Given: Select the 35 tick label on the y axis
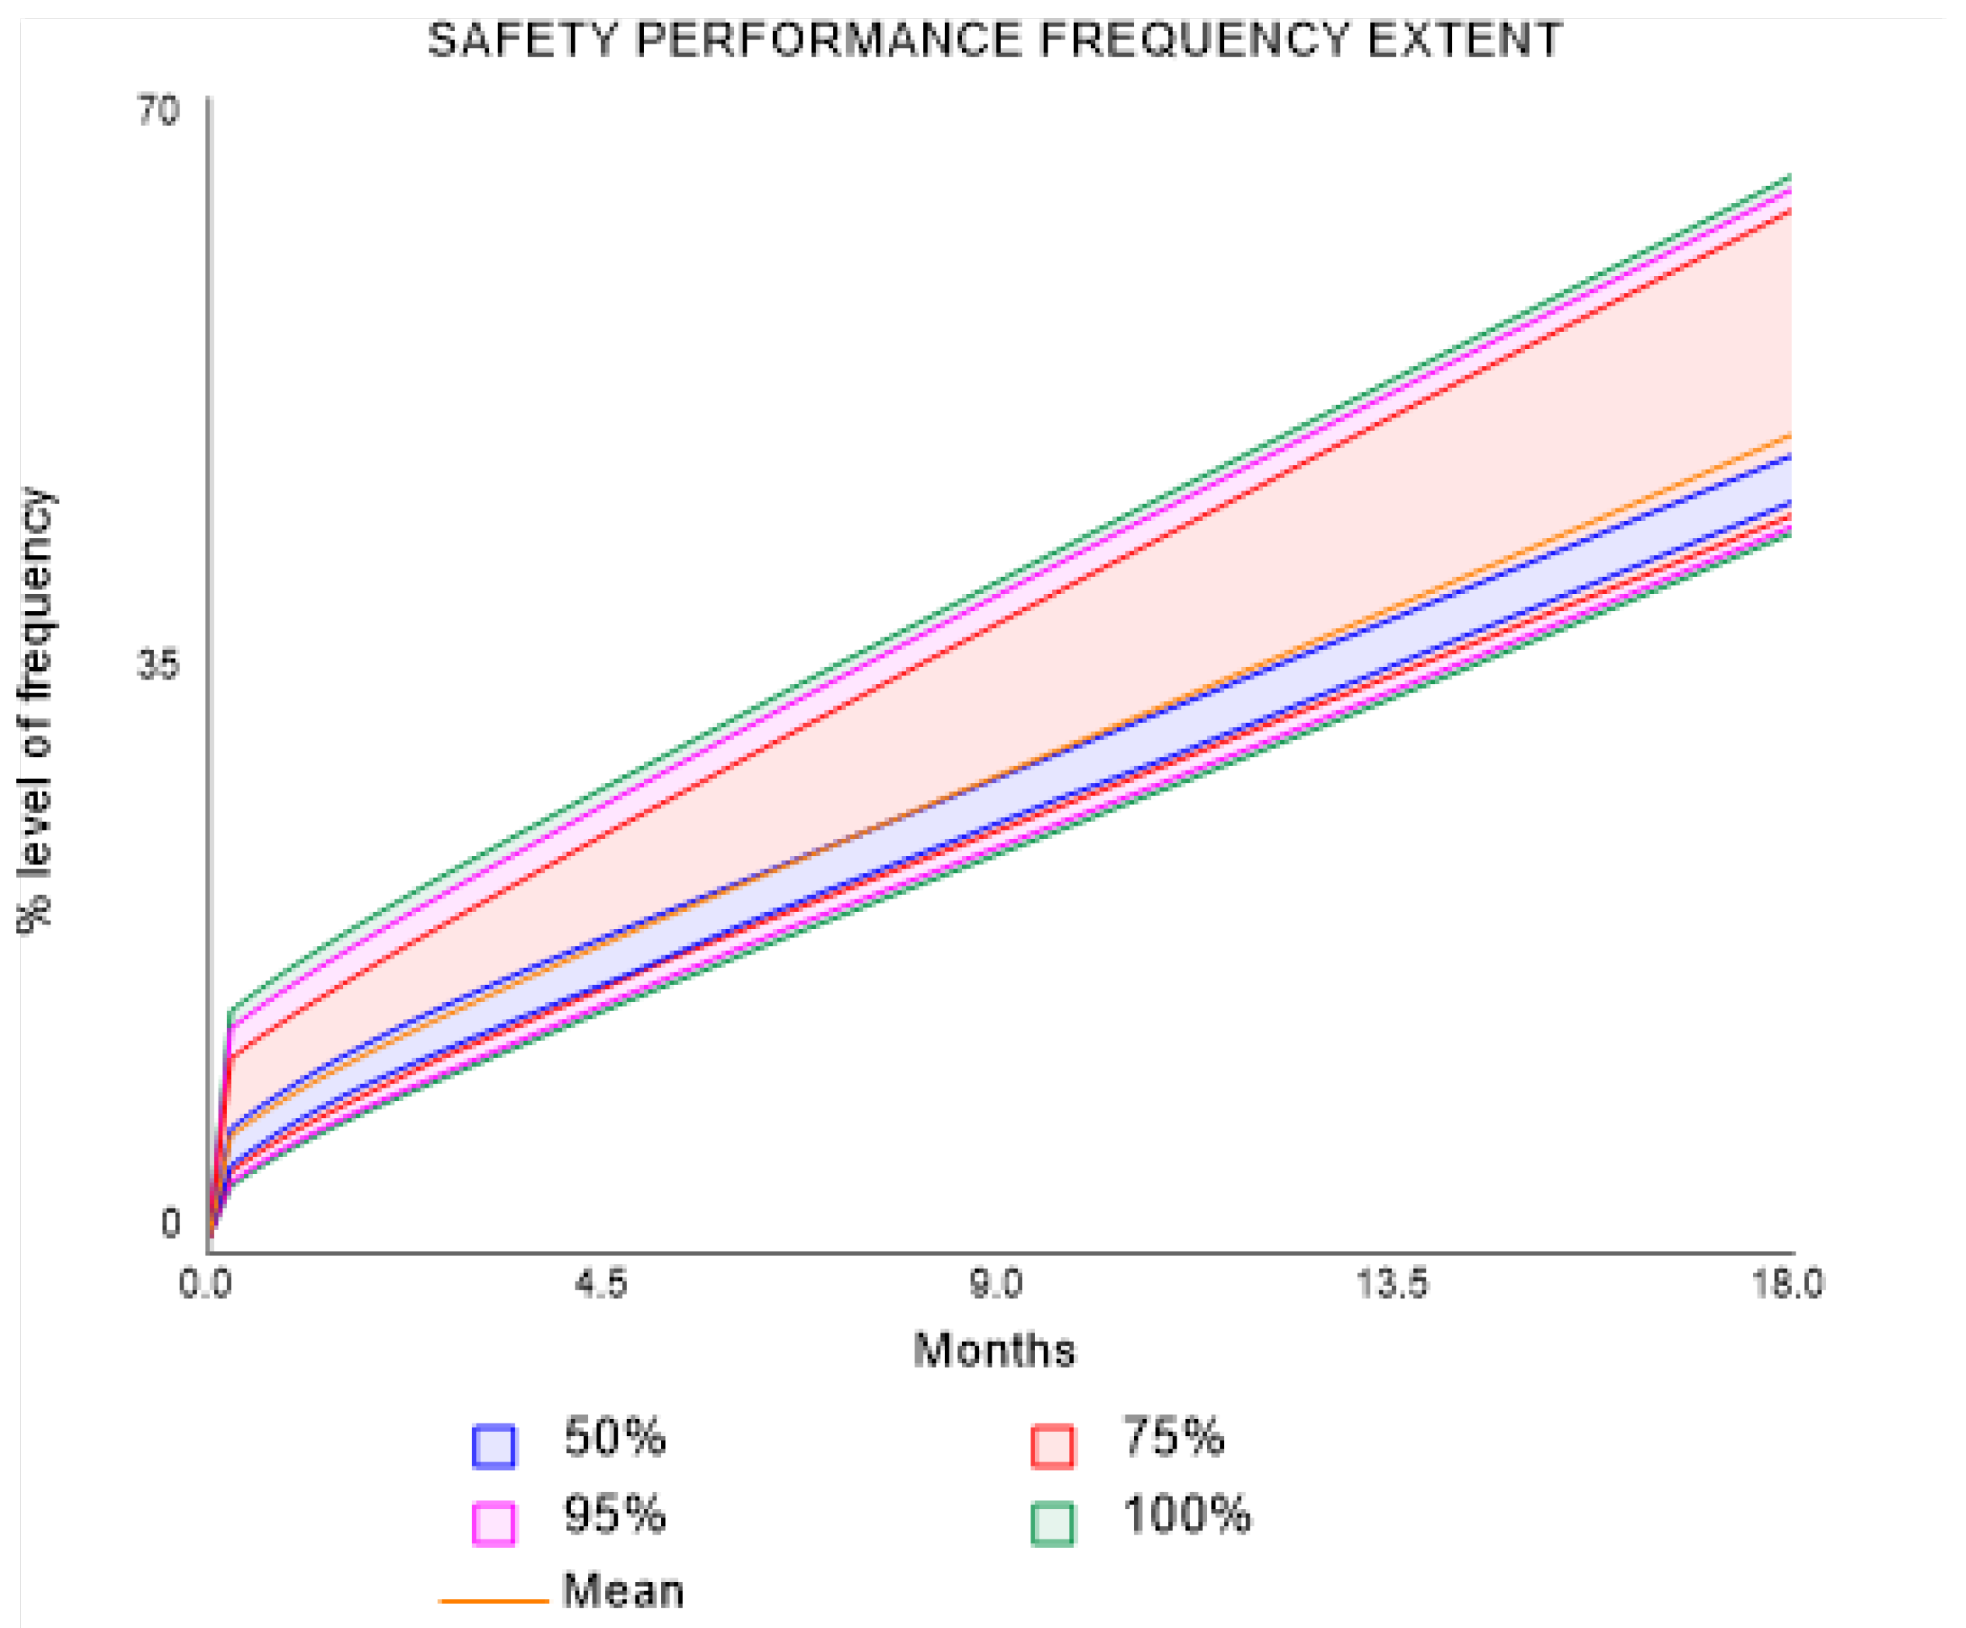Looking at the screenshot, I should pyautogui.click(x=157, y=666).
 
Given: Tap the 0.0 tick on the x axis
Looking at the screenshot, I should pyautogui.click(x=205, y=1284).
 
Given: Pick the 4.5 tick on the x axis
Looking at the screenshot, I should pyautogui.click(x=601, y=1284).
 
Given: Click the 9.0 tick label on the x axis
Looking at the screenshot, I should pyautogui.click(x=995, y=1284).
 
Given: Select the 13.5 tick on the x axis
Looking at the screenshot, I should pyautogui.click(x=1392, y=1284).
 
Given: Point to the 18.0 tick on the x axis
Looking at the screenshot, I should pyautogui.click(x=1787, y=1284).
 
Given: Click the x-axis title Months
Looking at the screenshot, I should pyautogui.click(x=994, y=1350).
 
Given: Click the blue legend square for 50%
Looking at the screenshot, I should pyautogui.click(x=493, y=1445).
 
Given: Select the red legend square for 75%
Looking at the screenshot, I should pyautogui.click(x=1052, y=1445).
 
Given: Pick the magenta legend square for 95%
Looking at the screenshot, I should pyautogui.click(x=493, y=1523).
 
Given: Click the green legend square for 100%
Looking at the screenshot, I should pyautogui.click(x=1052, y=1523).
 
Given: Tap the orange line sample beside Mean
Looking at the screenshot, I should pyautogui.click(x=493, y=1601).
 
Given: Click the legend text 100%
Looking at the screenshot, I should pyautogui.click(x=1185, y=1514).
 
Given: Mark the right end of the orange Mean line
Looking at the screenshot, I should pyautogui.click(x=1789, y=435).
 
